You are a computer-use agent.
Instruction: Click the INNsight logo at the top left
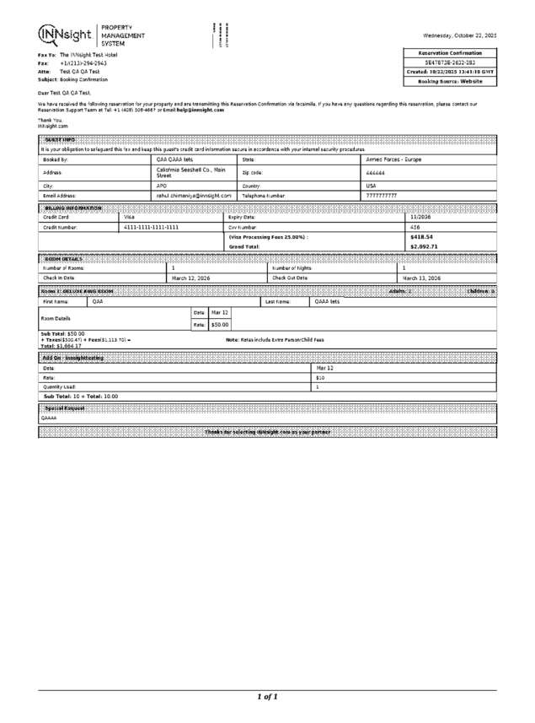pos(65,35)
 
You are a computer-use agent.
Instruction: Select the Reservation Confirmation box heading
pos(451,53)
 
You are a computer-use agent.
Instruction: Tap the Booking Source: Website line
pos(451,82)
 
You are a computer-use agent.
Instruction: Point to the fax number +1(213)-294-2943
pos(83,63)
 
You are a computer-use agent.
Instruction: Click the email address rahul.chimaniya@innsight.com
pos(194,195)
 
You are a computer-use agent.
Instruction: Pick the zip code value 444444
pos(376,172)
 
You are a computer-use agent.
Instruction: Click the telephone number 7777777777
pos(381,195)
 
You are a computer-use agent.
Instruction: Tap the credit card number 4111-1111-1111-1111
pos(151,227)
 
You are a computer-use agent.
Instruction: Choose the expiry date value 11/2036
pos(420,217)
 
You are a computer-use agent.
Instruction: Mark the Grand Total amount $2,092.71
pos(424,246)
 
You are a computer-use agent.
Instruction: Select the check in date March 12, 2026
pos(191,278)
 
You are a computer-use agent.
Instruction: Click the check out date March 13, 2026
pos(421,278)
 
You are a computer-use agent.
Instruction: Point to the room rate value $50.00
pos(220,324)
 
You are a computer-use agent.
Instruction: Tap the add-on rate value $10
pos(320,378)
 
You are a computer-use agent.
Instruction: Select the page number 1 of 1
pos(267,697)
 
